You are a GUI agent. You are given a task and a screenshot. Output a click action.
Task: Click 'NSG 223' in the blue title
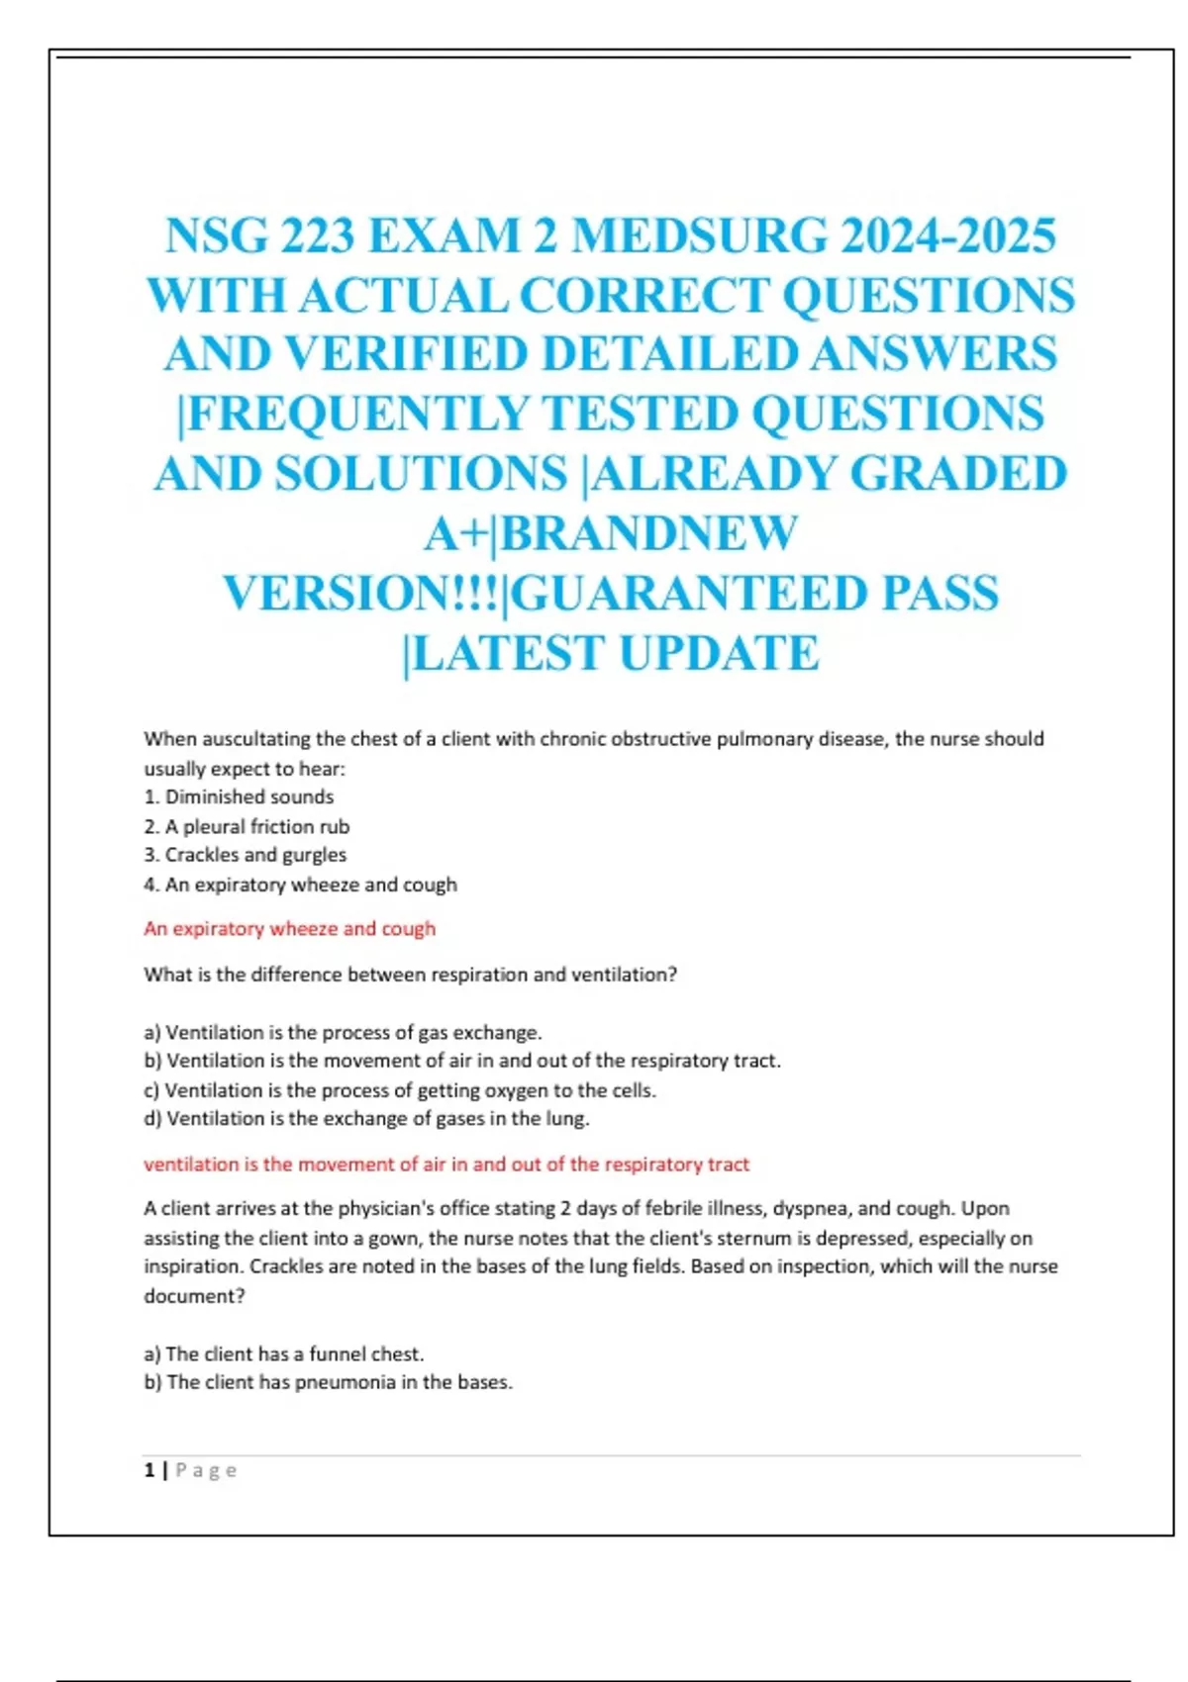[x=259, y=236]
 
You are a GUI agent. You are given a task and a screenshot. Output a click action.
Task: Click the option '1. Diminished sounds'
[x=239, y=796]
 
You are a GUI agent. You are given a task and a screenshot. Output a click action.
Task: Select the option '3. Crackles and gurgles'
[x=245, y=855]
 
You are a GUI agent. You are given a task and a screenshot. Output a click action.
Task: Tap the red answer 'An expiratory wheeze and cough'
[x=289, y=928]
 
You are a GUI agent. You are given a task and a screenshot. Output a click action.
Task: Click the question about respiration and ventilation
[x=410, y=975]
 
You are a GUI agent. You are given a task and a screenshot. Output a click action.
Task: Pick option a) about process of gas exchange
[x=343, y=1032]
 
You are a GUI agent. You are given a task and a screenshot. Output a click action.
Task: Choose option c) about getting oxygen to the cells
[x=400, y=1090]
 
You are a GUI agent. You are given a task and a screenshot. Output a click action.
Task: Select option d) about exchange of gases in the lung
[x=366, y=1119]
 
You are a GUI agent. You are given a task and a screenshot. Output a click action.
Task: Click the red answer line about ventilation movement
[x=446, y=1165]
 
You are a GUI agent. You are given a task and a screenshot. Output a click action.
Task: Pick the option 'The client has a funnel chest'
[x=284, y=1354]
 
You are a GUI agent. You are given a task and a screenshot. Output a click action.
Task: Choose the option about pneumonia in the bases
[x=329, y=1382]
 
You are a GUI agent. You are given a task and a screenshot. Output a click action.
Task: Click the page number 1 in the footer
[x=149, y=1470]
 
